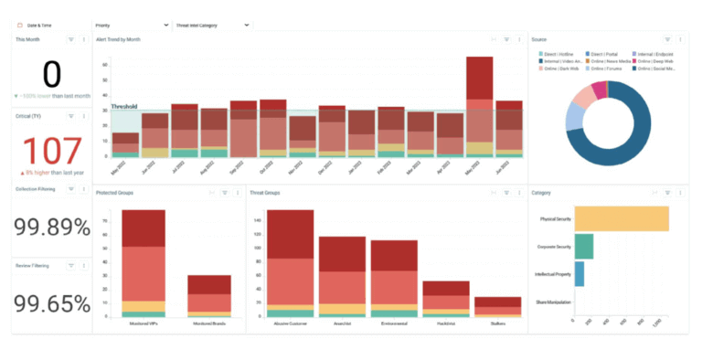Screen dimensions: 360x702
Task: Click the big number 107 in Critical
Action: pos(51,152)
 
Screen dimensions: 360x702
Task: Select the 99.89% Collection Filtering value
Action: pos(51,228)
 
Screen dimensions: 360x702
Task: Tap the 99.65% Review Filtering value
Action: pos(51,302)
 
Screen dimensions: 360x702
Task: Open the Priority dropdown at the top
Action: pos(132,26)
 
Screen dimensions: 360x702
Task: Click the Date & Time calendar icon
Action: pos(20,26)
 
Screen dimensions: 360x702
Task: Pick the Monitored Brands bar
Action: pos(209,297)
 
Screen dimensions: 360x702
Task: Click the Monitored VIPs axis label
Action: pos(144,324)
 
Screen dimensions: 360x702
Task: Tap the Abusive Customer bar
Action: pos(290,265)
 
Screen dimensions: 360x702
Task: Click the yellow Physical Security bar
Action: pos(622,219)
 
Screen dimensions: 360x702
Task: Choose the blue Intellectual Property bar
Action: pos(580,274)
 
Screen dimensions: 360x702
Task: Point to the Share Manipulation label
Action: pos(551,302)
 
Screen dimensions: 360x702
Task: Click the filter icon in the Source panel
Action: pos(668,39)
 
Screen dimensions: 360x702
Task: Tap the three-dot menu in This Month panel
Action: pos(84,39)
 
